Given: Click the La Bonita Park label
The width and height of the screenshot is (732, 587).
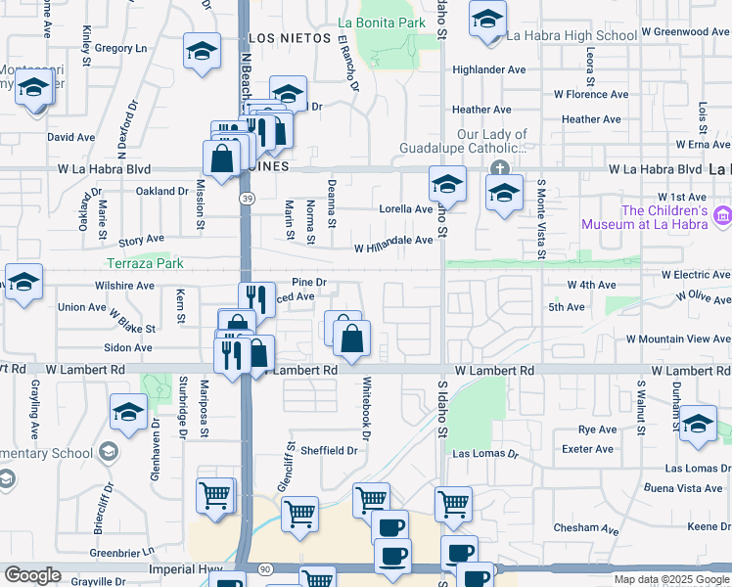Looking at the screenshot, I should (x=382, y=22).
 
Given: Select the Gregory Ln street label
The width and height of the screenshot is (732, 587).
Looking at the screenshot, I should (x=120, y=47).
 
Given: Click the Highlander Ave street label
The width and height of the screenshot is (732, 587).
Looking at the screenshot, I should (x=489, y=69).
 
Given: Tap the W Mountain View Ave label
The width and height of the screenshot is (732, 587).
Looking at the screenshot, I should (x=678, y=339).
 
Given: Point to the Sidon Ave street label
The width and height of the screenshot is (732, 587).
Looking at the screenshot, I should (x=129, y=347).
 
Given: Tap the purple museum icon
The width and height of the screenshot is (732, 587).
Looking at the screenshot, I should (x=722, y=213).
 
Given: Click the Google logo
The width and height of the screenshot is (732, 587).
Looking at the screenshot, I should (x=32, y=575).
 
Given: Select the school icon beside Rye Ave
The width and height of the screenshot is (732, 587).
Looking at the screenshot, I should (x=698, y=423).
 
